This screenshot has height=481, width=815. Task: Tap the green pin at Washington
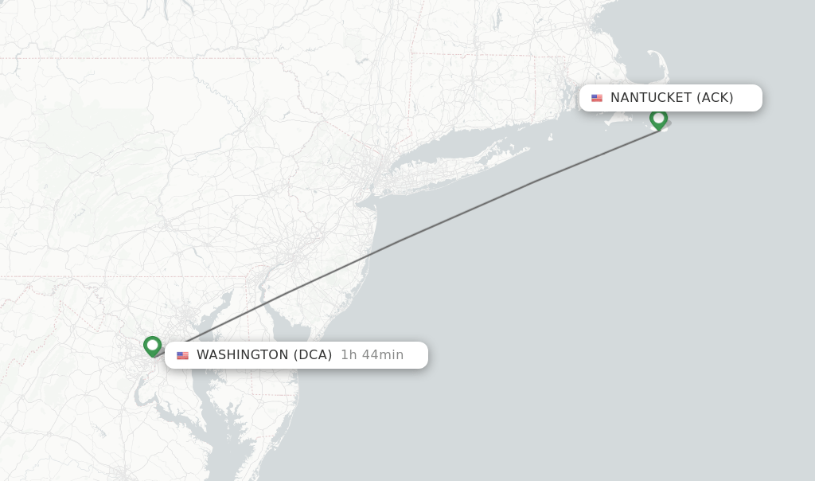click(152, 346)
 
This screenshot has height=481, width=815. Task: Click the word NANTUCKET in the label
click(651, 98)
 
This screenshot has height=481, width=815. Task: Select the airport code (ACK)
click(715, 98)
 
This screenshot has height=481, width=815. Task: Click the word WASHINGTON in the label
click(242, 355)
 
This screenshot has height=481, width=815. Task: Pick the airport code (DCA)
click(313, 355)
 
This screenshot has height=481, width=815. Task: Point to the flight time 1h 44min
click(372, 355)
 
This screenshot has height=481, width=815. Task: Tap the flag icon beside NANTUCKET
click(597, 98)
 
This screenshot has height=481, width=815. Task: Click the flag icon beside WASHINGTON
click(183, 355)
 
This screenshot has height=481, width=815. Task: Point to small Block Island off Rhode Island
click(550, 137)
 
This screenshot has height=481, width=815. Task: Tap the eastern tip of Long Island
click(528, 148)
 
